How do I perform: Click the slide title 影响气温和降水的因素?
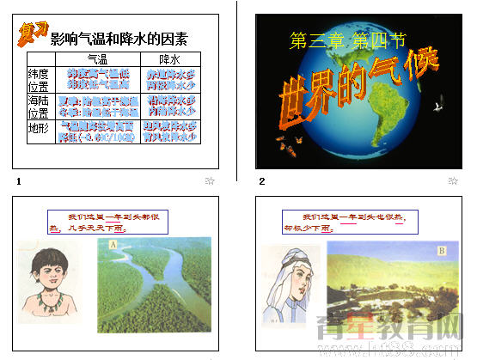pos(119,39)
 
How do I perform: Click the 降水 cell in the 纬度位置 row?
pos(171,80)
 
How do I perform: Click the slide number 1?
pos(18,181)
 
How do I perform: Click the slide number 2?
pos(262,181)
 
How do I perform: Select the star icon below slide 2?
pos(453,181)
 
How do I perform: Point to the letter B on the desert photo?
pos(441,251)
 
